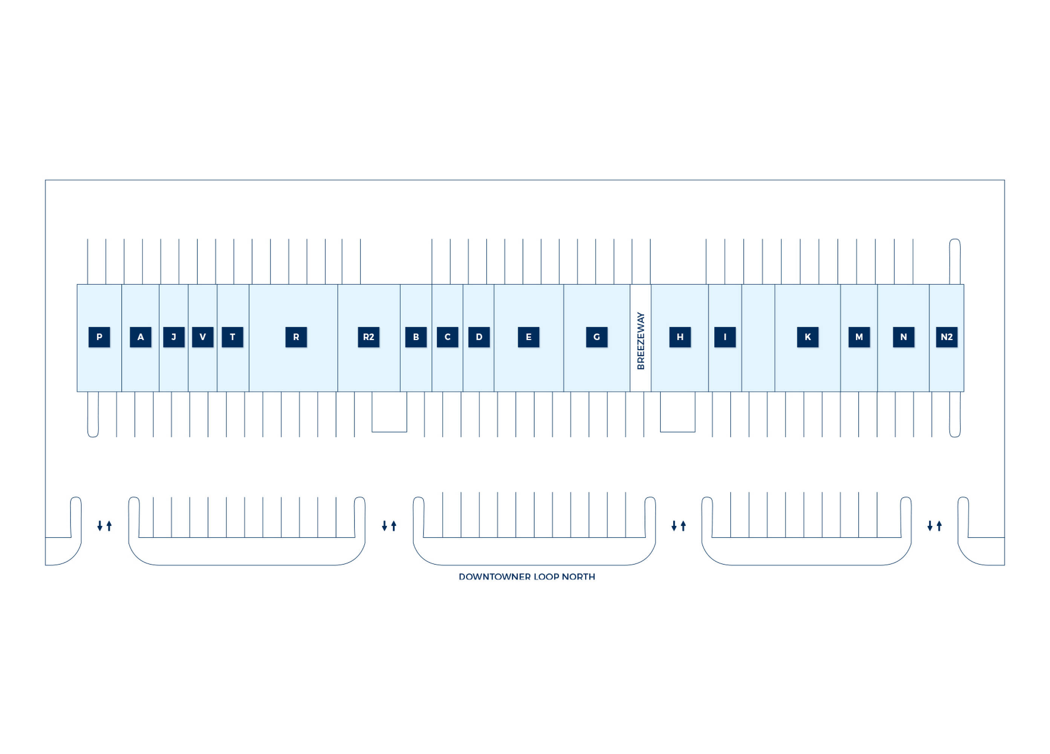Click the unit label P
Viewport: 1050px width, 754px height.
[x=99, y=337]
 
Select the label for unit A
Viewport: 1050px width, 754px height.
[x=140, y=337]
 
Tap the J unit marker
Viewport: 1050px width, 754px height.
[x=174, y=337]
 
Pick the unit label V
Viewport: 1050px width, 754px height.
[x=202, y=337]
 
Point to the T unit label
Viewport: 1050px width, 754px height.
[x=232, y=337]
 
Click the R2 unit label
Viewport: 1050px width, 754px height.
[x=368, y=337]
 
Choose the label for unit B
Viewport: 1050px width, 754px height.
[x=416, y=337]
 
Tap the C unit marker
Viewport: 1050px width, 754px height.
[x=447, y=337]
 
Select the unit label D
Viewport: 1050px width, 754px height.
[x=479, y=337]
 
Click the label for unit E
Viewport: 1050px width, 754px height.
[x=528, y=337]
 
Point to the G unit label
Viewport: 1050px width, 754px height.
[x=596, y=337]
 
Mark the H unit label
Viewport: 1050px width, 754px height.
[x=680, y=337]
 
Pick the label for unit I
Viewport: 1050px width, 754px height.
[x=724, y=337]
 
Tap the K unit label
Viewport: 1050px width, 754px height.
[x=807, y=337]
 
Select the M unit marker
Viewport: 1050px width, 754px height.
[x=859, y=337]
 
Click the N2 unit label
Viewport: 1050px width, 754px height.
[x=946, y=337]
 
